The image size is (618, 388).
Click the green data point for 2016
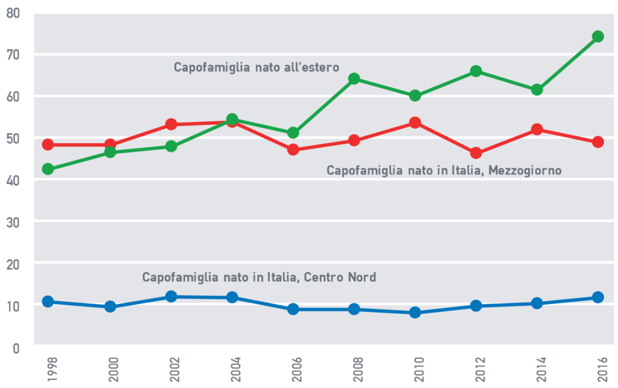tap(597, 36)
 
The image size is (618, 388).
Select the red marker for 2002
tap(171, 124)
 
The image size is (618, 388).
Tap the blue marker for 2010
tap(415, 313)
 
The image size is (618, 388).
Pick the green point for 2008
tap(354, 78)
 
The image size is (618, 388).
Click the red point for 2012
tap(476, 153)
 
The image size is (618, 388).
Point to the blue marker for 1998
tap(48, 302)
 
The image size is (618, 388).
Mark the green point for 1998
tap(48, 169)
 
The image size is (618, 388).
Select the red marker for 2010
tap(415, 122)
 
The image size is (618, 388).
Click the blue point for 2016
tap(597, 297)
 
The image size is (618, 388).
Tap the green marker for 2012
tap(476, 71)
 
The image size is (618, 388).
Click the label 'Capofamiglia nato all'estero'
tap(256, 67)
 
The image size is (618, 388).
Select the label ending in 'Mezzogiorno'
tap(444, 171)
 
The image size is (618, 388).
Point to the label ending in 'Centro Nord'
tap(259, 278)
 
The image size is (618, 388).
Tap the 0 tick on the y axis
tap(17, 348)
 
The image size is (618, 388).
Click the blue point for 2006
tap(293, 309)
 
